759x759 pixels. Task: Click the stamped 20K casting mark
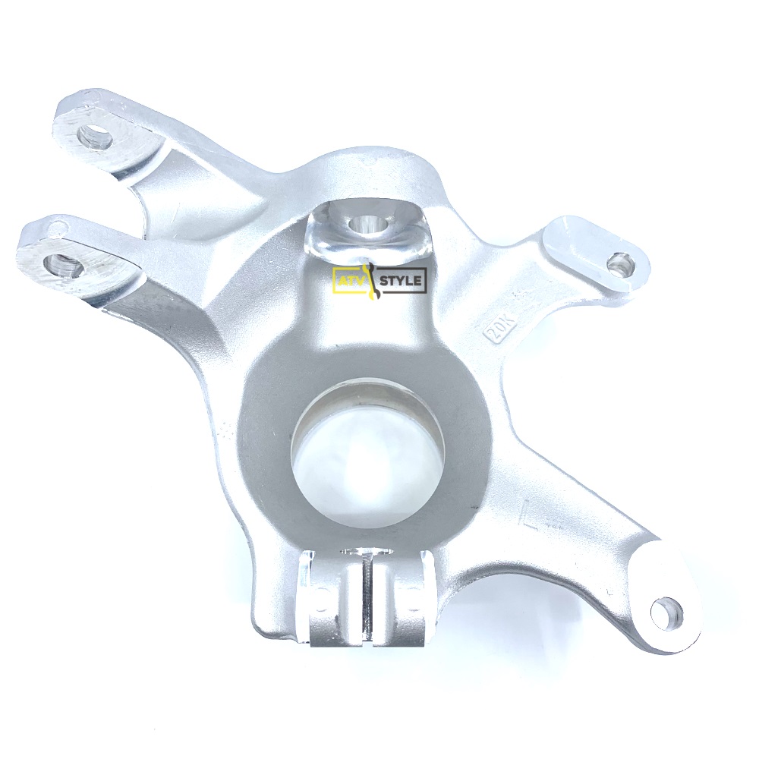point(499,331)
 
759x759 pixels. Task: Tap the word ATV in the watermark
point(348,280)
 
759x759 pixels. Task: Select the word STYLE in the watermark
point(402,281)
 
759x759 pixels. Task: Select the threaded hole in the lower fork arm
point(61,264)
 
